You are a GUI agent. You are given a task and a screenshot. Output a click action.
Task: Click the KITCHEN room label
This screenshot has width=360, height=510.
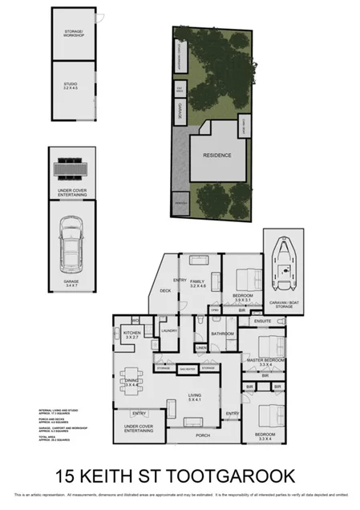[132, 334]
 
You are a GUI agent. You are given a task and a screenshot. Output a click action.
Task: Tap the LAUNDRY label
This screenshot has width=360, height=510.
[168, 330]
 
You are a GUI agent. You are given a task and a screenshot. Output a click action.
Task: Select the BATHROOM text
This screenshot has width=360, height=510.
[222, 333]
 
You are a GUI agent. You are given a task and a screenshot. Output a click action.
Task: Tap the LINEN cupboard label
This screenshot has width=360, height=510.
[201, 347]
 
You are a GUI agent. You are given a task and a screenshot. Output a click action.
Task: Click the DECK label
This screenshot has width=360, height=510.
[166, 290]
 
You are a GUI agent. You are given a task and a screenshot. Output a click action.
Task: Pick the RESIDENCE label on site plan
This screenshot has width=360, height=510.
[216, 155]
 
